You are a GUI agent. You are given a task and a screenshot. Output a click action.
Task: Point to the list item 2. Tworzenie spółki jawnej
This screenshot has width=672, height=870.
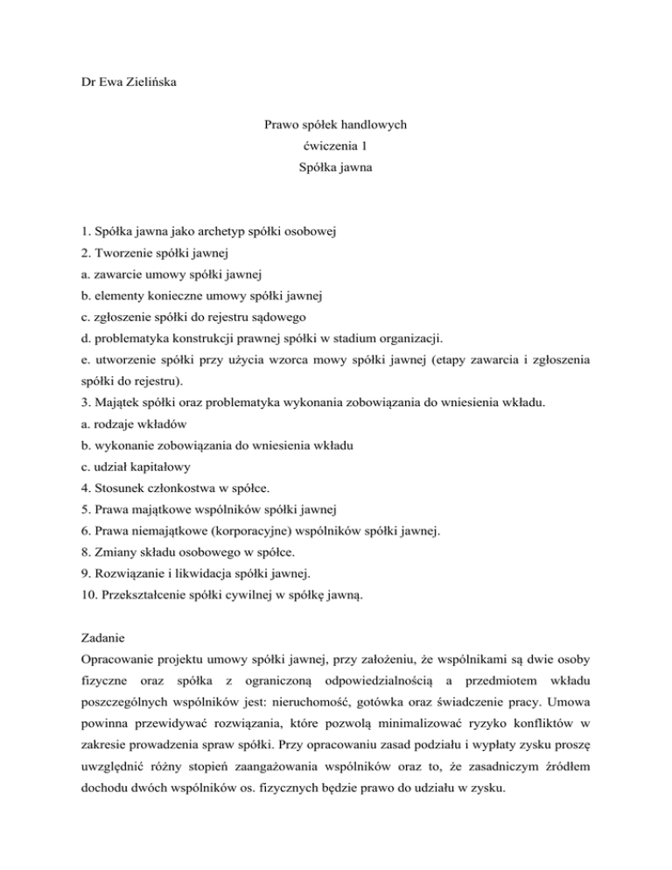(151, 255)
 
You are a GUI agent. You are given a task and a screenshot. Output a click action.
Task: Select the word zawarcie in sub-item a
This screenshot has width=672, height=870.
(107, 277)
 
